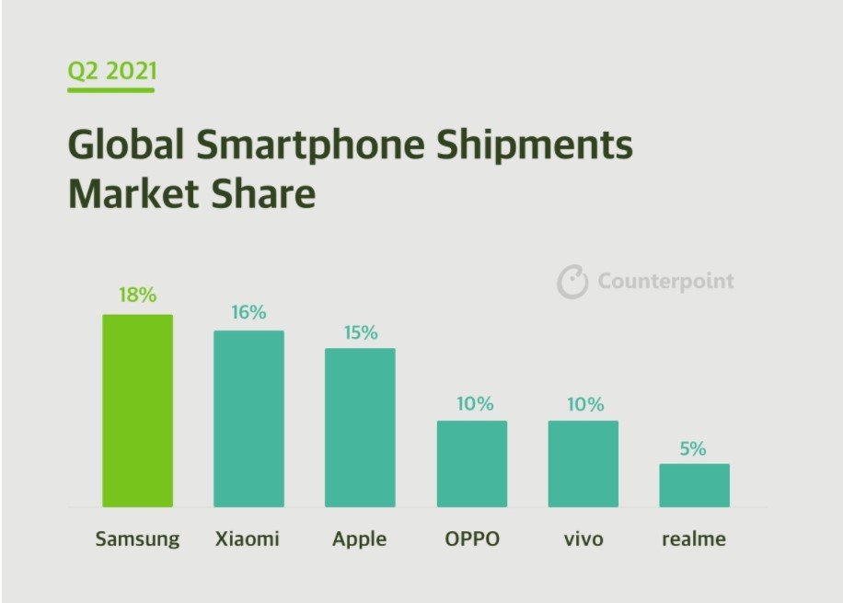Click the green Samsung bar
click(137, 411)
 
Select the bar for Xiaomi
click(248, 419)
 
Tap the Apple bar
click(360, 427)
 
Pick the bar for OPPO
click(471, 464)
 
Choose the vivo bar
click(583, 464)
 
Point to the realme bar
click(694, 485)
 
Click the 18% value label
click(137, 296)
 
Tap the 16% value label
click(248, 312)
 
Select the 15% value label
click(360, 332)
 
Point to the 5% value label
click(694, 448)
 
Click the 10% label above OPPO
click(474, 404)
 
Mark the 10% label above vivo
click(584, 404)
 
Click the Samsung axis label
click(137, 539)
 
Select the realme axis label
click(694, 539)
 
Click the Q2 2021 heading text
click(110, 71)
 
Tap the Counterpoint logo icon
click(572, 282)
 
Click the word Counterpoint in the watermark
click(665, 282)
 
